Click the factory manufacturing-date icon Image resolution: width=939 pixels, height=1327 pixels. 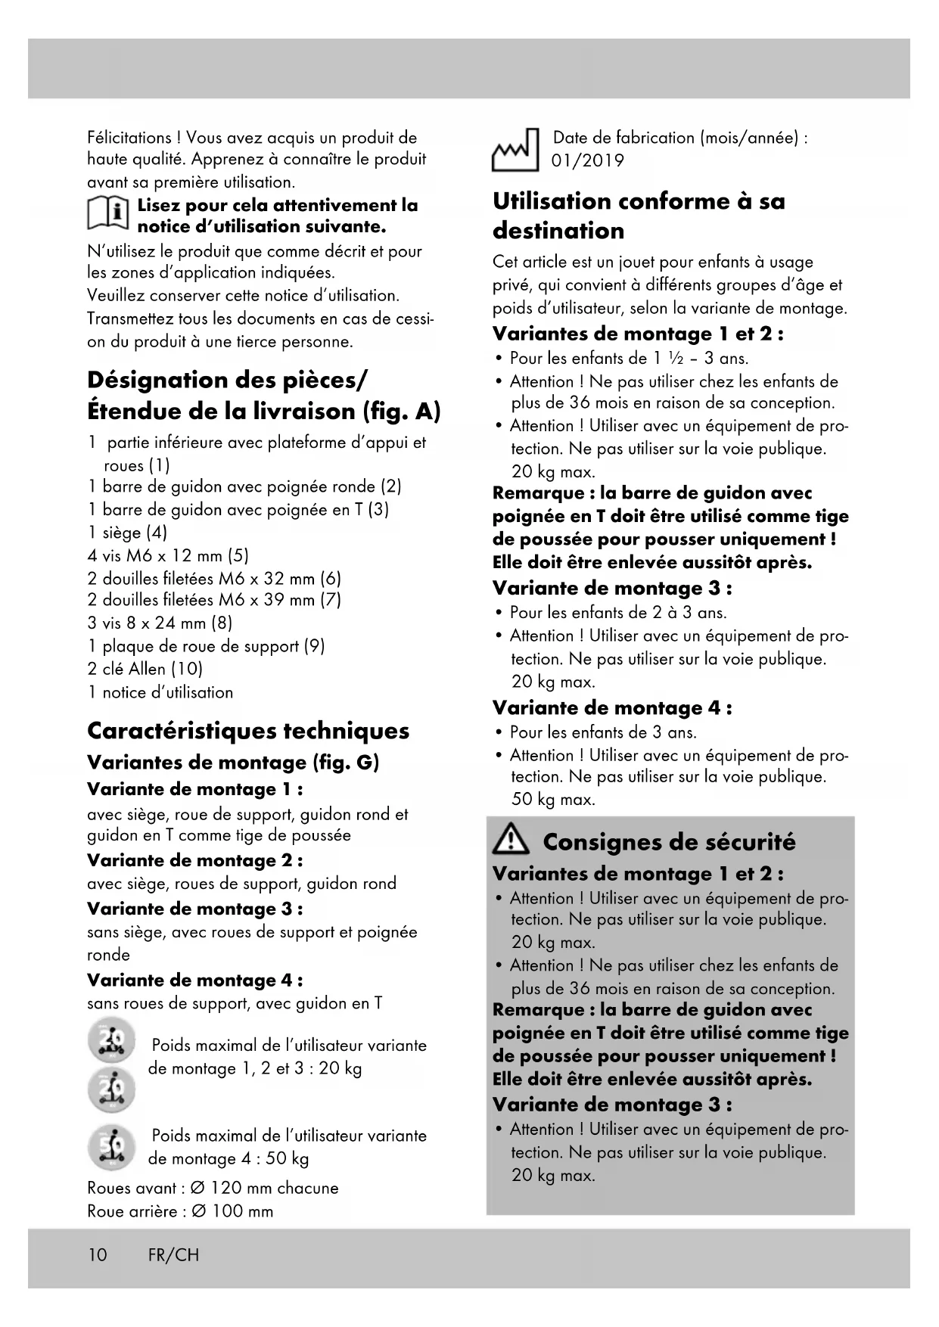(515, 150)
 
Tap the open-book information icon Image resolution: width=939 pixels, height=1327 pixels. (108, 214)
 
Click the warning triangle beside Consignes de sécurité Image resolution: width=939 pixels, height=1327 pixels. (511, 841)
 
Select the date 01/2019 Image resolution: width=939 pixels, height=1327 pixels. (588, 161)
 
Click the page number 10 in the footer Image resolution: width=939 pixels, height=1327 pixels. (98, 1254)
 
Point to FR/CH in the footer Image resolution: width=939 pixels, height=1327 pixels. (173, 1254)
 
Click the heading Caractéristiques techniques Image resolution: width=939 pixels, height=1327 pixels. (248, 731)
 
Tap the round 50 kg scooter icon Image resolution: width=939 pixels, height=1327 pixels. (111, 1147)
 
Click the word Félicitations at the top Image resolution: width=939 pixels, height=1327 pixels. (129, 138)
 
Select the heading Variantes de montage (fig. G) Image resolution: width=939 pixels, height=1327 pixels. (233, 762)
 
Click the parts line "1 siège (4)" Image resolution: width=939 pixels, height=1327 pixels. (127, 533)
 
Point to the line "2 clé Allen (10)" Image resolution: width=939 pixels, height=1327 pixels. (145, 669)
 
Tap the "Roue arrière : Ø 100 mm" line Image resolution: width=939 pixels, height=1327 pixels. (180, 1210)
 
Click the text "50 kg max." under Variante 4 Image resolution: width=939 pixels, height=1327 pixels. (553, 799)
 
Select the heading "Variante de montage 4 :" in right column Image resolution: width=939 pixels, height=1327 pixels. (612, 708)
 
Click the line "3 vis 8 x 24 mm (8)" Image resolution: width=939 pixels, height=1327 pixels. (160, 623)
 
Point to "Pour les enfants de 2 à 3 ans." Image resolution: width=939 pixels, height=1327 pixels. (617, 612)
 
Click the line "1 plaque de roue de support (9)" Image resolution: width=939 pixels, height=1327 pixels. (206, 646)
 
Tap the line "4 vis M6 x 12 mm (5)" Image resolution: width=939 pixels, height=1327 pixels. (168, 555)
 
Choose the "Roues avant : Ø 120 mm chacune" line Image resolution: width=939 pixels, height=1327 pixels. (213, 1188)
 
